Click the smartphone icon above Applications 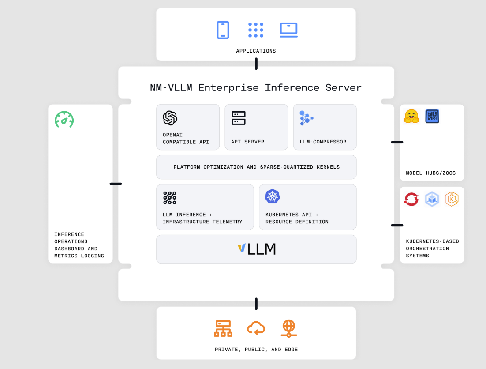click(x=223, y=30)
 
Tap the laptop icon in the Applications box click(x=288, y=30)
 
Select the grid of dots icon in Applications click(x=256, y=30)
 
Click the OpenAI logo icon click(x=170, y=118)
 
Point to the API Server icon click(x=239, y=118)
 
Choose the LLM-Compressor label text click(x=323, y=142)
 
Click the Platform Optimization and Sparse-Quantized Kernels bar click(x=256, y=167)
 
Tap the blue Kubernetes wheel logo click(x=272, y=196)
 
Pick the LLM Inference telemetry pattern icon click(x=170, y=198)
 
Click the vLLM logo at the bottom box click(x=256, y=249)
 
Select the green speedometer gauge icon click(x=64, y=119)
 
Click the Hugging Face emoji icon click(x=411, y=116)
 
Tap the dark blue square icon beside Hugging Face click(x=432, y=116)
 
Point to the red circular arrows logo click(x=411, y=199)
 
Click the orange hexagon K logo click(x=452, y=199)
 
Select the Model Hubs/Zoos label click(x=431, y=173)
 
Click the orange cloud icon click(x=256, y=328)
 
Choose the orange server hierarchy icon click(x=223, y=328)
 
